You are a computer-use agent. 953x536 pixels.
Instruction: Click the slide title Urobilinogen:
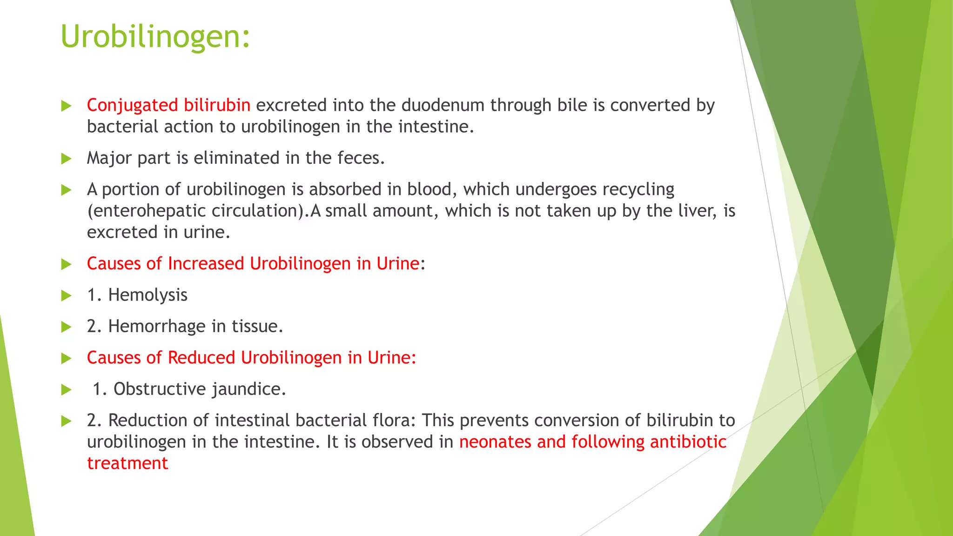point(155,36)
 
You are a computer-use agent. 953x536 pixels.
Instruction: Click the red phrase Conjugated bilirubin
point(168,106)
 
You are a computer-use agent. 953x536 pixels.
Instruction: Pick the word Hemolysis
point(148,295)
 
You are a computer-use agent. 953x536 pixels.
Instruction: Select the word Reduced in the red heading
point(201,358)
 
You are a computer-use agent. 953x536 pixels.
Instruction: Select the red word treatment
point(128,463)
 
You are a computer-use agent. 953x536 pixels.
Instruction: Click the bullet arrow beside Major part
point(67,159)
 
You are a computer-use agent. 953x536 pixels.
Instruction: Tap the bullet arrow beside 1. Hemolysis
point(67,295)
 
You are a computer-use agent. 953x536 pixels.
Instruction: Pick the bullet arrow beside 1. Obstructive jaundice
point(67,389)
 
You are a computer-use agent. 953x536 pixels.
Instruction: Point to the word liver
point(697,211)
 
